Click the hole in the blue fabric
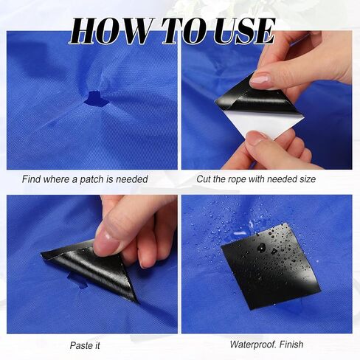(96, 99)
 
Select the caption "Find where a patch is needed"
(85, 179)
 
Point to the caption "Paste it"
(85, 345)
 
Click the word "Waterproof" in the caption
(252, 345)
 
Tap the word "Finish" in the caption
(291, 344)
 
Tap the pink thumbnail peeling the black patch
(260, 80)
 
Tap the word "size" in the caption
(308, 179)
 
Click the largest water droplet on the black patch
(261, 248)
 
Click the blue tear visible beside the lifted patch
(77, 280)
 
